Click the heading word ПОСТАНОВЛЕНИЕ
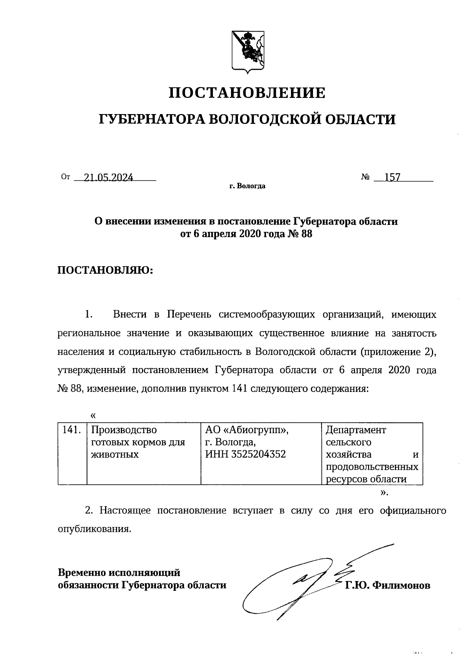point(248,93)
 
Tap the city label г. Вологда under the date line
point(247,187)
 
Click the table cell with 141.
point(72,430)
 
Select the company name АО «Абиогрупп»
point(247,430)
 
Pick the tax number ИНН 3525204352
point(246,454)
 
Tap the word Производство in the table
point(124,430)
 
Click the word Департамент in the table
point(356,430)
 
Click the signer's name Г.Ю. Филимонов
point(387,585)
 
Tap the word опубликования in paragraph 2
point(94,529)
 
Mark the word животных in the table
point(115,454)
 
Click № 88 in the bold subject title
point(300,234)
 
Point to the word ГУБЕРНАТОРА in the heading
point(151,119)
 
